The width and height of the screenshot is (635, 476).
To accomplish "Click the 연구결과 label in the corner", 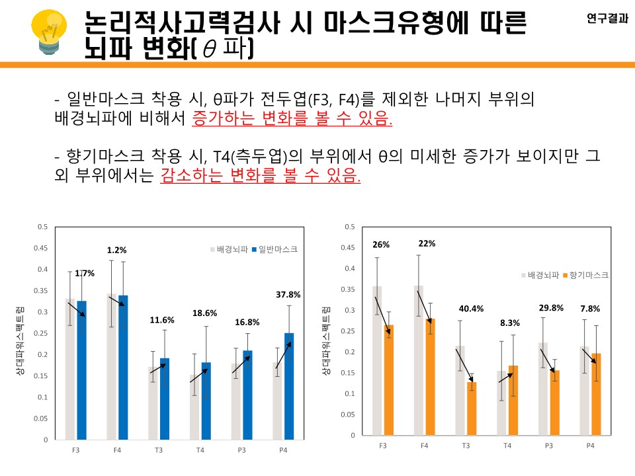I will coord(607,19).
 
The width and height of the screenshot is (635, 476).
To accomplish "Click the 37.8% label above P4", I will coord(288,294).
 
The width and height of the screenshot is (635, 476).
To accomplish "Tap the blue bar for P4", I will coord(289,386).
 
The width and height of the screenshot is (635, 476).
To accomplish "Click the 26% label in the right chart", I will coord(381,244).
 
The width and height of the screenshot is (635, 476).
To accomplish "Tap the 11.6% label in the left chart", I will coord(162,320).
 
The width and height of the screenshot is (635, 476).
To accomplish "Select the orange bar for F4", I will coord(430,377).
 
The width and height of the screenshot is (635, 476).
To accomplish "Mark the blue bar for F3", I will coord(82,370).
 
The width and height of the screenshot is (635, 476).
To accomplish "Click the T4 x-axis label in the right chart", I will coord(507,446).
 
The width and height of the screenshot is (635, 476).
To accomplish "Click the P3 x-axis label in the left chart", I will coord(241,450).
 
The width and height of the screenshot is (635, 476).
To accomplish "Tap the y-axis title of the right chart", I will coord(326,341).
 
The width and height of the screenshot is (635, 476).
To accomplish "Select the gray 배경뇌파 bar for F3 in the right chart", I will coord(377,361).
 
